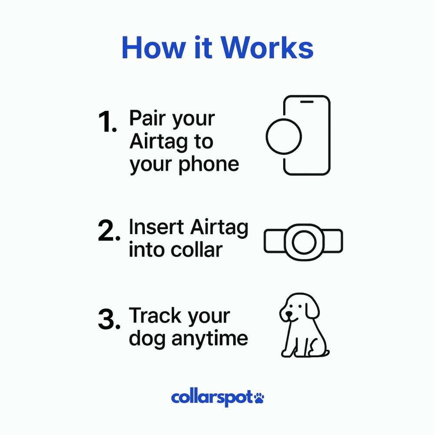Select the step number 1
point(107,122)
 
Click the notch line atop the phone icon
point(307,102)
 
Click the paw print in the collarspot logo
point(259,397)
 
